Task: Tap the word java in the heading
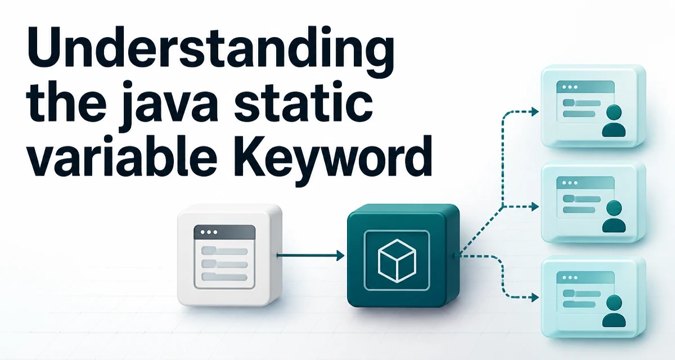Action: pos(169,106)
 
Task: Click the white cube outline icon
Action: pos(397,260)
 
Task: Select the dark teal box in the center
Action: pos(403,255)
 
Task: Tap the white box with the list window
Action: pos(229,255)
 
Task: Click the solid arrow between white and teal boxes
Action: pos(310,255)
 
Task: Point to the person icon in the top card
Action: pos(614,120)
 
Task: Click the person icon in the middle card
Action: pos(614,217)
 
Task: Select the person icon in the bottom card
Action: pos(614,311)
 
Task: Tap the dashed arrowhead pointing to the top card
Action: pos(535,111)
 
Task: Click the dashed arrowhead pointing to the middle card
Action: pos(535,206)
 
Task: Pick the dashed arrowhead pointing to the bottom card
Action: pos(535,298)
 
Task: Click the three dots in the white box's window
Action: pos(209,232)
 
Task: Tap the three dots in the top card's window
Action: pos(570,87)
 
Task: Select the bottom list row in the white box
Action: pos(224,277)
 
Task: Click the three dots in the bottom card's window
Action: pos(570,277)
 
